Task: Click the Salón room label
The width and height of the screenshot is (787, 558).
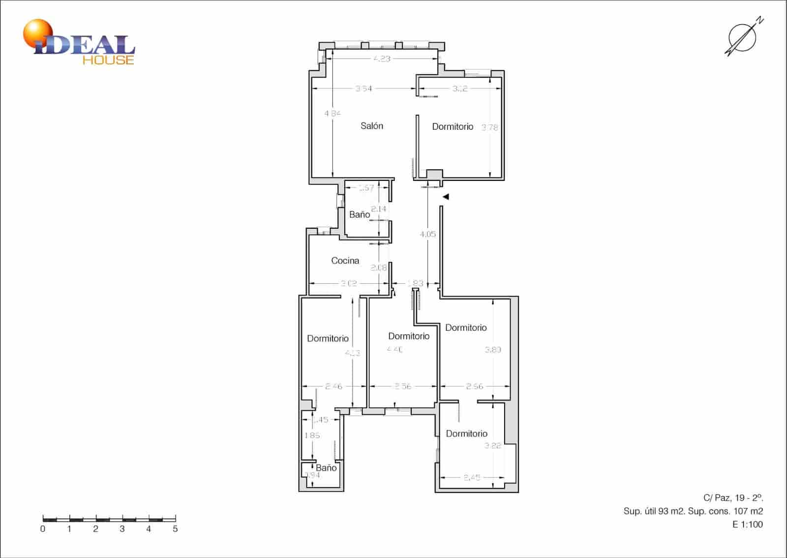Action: [x=371, y=126]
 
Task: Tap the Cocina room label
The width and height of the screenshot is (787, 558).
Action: [x=345, y=261]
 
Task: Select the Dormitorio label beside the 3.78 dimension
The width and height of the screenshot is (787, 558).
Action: [x=453, y=127]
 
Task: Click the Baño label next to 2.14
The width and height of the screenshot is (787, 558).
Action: [x=360, y=215]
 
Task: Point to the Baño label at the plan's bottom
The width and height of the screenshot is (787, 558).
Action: [x=326, y=468]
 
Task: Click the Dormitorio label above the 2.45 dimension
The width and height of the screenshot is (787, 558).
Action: [x=466, y=434]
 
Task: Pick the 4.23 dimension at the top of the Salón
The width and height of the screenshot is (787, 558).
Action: [x=382, y=59]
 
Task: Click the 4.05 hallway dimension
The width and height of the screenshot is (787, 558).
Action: [x=427, y=235]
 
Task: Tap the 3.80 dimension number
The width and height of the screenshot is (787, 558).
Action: [x=493, y=350]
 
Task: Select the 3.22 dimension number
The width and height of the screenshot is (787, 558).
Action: [x=492, y=446]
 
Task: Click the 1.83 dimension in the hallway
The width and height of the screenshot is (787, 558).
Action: [x=415, y=283]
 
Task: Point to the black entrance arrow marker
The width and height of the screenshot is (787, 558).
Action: [x=446, y=197]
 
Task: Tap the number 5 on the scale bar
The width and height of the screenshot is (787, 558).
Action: [x=175, y=529]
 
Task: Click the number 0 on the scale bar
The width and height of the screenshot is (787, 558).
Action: [x=43, y=529]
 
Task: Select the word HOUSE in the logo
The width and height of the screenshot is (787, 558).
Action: [x=108, y=60]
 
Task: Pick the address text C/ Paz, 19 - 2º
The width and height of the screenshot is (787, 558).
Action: [x=733, y=498]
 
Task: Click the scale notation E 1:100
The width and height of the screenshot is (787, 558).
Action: [x=748, y=525]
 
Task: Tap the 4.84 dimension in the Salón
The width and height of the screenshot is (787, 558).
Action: [x=333, y=114]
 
